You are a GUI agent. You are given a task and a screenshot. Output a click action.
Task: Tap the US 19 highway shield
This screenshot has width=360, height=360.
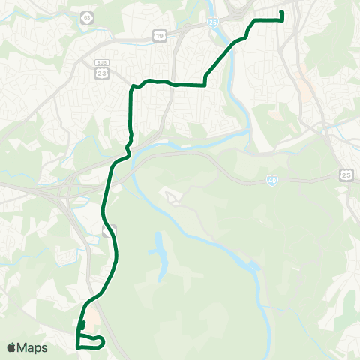[x=160, y=35]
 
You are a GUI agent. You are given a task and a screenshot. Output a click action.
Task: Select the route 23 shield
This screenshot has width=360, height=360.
[x=102, y=72]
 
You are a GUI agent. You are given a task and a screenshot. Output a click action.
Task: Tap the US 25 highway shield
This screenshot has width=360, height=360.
[x=346, y=175]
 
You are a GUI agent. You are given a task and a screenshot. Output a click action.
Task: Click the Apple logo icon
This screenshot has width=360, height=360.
[x=12, y=347]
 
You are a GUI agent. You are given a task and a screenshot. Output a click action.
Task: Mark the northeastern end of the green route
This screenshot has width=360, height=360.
[x=282, y=12]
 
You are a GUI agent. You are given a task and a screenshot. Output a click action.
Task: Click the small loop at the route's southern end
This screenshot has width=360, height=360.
[x=90, y=342]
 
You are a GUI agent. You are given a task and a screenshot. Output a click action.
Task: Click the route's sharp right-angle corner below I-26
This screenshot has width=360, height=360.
[x=205, y=85]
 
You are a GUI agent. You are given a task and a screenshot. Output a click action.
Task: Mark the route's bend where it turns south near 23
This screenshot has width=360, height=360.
[x=133, y=88]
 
